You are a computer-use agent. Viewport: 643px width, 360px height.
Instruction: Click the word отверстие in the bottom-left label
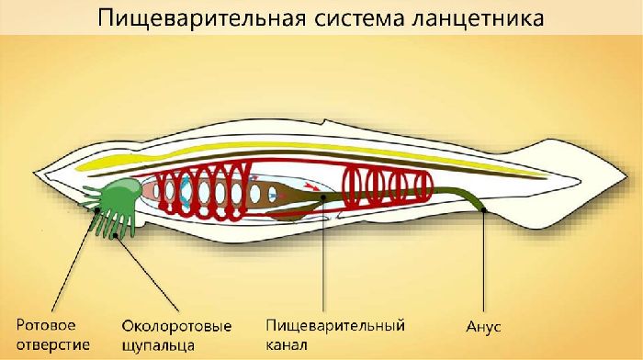(51, 345)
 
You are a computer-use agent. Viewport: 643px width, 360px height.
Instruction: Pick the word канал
(288, 345)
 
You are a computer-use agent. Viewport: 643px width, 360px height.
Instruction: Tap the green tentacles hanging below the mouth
(114, 223)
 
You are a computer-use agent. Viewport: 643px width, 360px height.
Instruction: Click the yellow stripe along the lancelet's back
(276, 154)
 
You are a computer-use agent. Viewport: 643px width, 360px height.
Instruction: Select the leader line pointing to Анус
(484, 266)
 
